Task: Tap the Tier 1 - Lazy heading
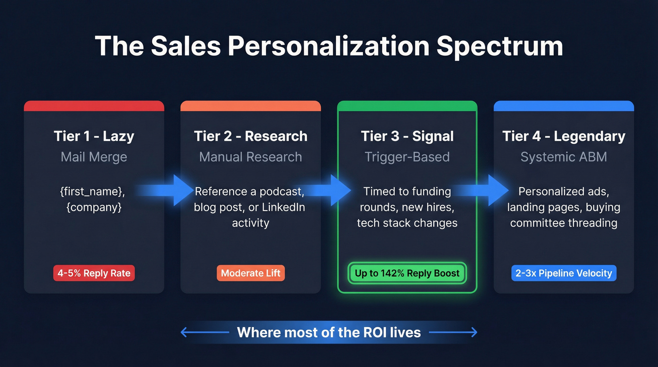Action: [x=94, y=136]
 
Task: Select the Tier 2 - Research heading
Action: [x=251, y=136]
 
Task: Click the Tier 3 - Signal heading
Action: [x=407, y=136]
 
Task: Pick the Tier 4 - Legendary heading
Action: [x=564, y=136]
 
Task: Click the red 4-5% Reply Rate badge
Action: [x=94, y=273]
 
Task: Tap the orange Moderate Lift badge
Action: [x=251, y=273]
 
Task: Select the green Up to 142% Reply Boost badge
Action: [x=407, y=273]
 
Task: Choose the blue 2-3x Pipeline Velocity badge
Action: [x=564, y=273]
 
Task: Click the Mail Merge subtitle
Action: [x=94, y=157]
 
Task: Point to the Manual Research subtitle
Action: [x=251, y=157]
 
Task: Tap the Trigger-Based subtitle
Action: [x=407, y=157]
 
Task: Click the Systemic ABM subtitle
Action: [x=564, y=157]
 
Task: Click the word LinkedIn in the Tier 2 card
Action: [x=283, y=207]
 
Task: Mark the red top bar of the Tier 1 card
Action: [x=94, y=106]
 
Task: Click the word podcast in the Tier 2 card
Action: [x=281, y=192]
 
